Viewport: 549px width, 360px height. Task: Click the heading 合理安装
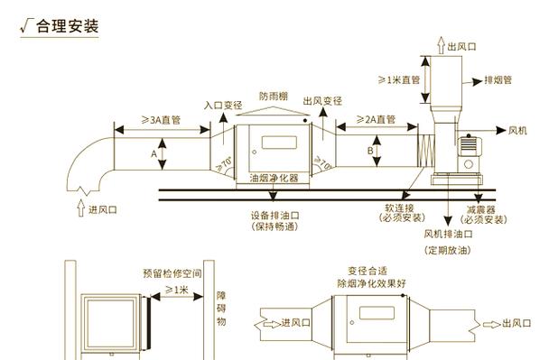(68, 26)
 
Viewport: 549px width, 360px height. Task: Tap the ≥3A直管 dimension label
(161, 120)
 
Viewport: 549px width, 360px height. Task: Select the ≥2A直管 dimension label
(376, 120)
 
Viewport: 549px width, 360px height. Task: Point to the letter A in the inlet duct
(154, 154)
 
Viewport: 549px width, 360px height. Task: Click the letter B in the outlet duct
(370, 152)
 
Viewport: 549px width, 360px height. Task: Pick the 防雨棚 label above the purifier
(274, 96)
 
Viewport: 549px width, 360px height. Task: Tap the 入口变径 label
(223, 106)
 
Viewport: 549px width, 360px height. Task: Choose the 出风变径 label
(322, 101)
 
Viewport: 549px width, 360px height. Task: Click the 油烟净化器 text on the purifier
(274, 178)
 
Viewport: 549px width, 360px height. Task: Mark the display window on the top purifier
(279, 143)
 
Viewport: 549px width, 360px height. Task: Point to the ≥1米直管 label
(399, 80)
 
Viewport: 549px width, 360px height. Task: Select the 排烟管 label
(498, 80)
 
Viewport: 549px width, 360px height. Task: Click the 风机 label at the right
(517, 131)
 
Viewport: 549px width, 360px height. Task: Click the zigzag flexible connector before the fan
(426, 151)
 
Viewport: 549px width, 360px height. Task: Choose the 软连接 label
(399, 208)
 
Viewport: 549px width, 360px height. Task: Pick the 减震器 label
(481, 210)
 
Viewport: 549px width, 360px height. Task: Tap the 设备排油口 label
(274, 215)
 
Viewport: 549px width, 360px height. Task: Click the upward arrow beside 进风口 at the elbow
(81, 208)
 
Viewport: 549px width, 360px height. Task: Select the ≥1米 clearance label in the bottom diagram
(177, 290)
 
